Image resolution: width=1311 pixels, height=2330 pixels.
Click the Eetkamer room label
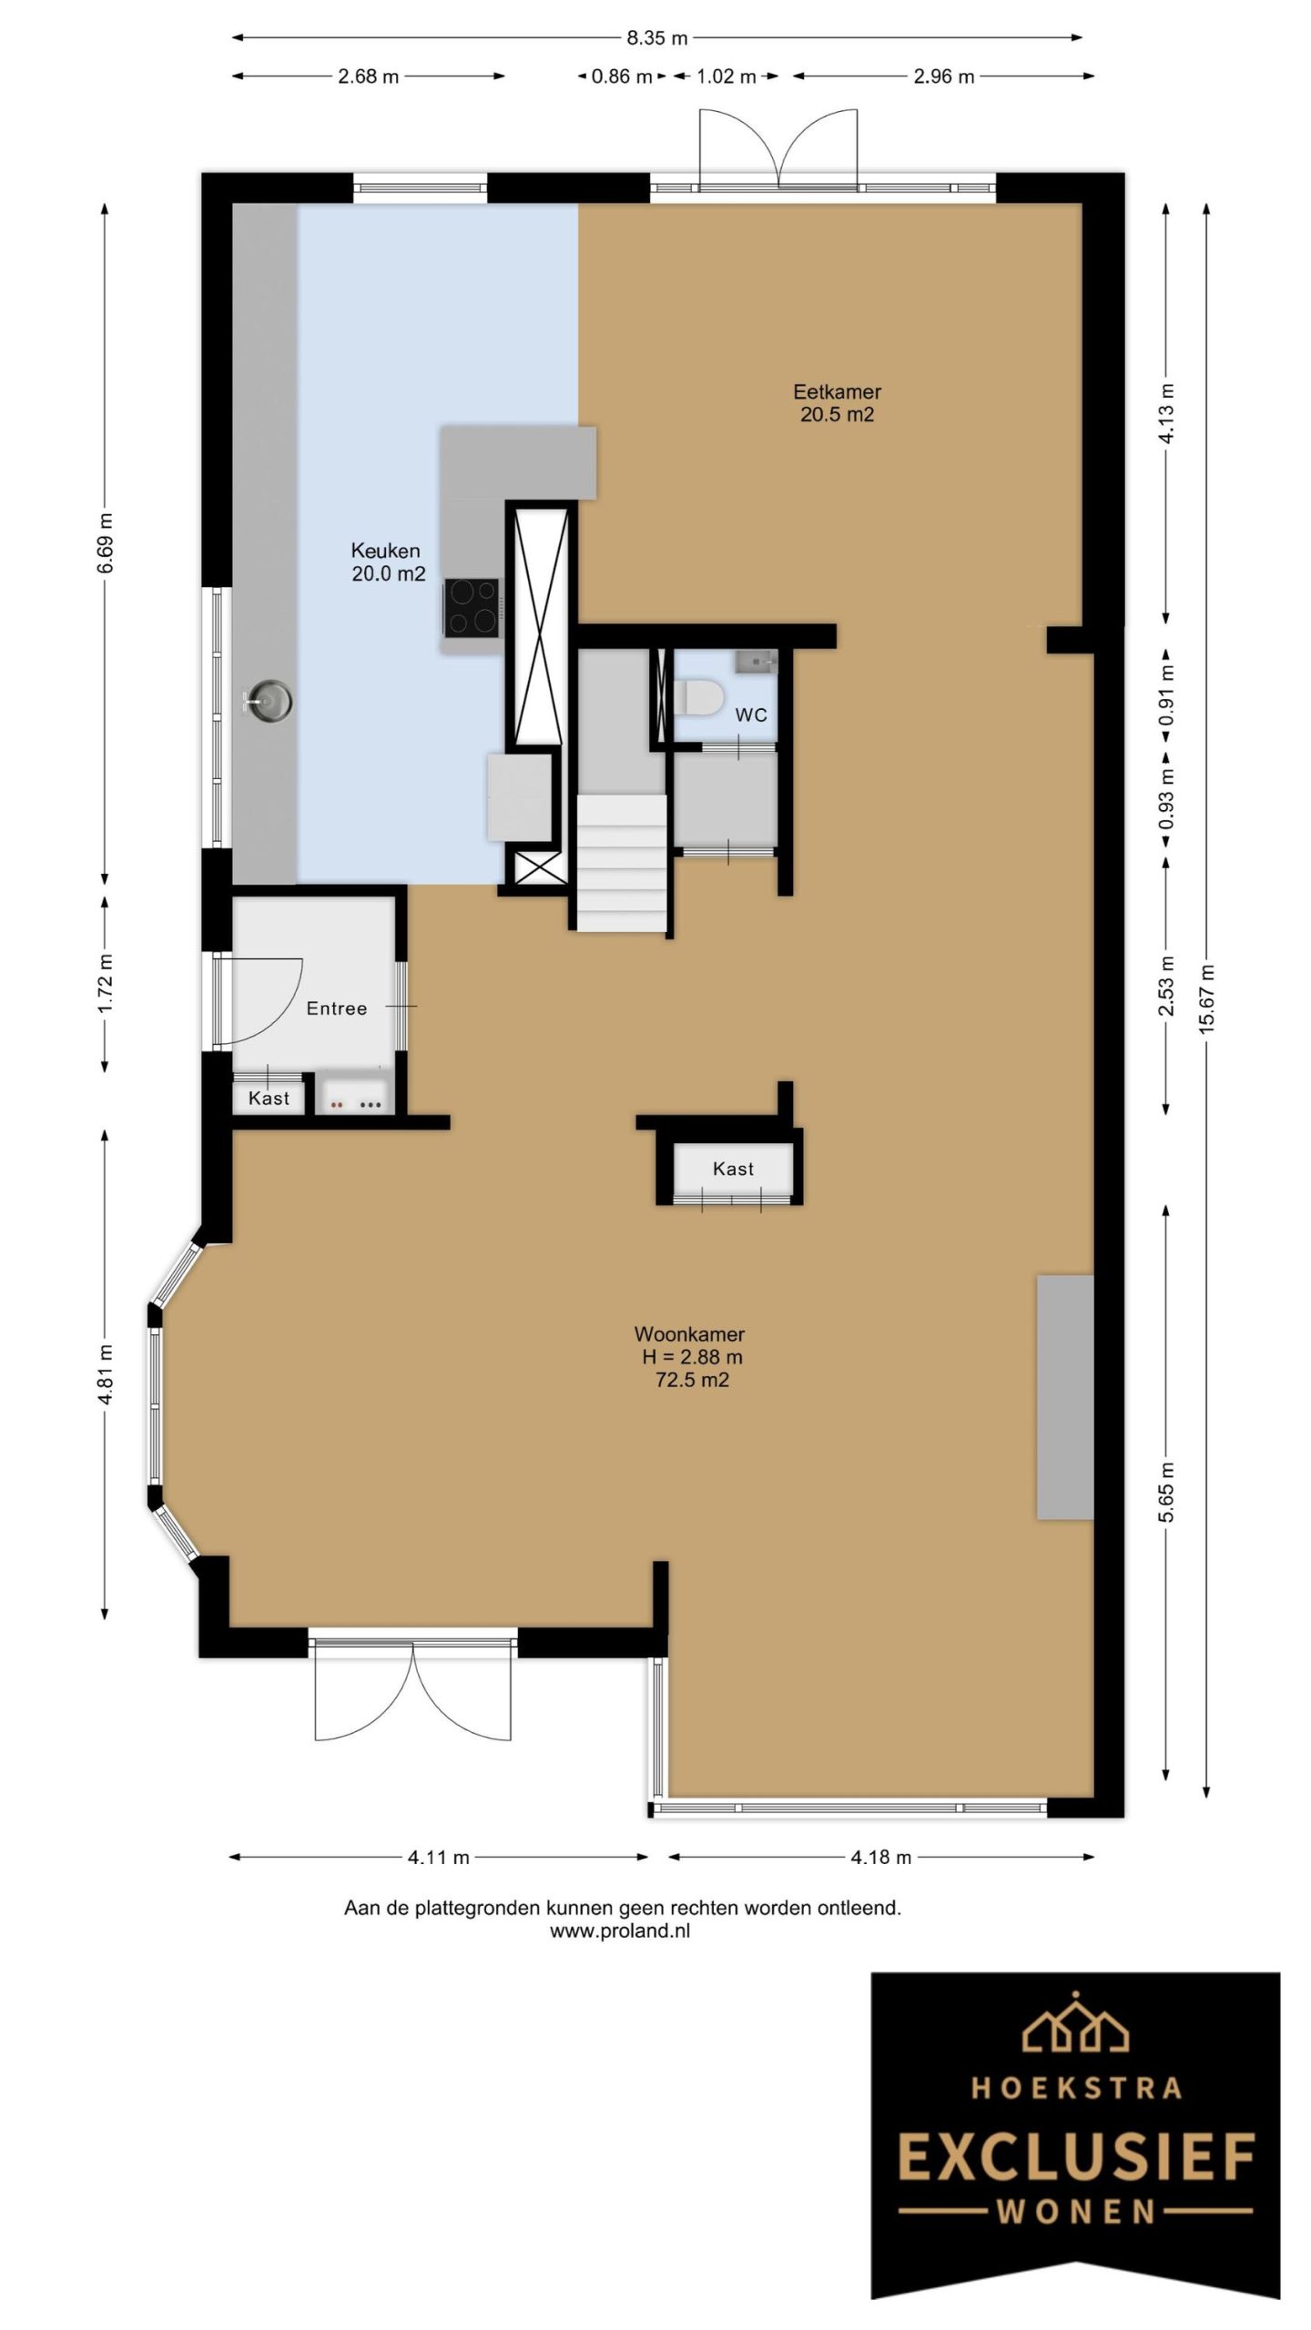(x=837, y=392)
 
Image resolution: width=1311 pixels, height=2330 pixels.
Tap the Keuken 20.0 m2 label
(x=388, y=562)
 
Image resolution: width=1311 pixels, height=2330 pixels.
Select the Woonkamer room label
(x=689, y=1334)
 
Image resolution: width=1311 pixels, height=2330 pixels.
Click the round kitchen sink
(x=269, y=701)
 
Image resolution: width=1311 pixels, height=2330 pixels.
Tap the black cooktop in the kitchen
(x=472, y=607)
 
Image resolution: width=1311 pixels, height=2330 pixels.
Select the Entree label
(x=337, y=1008)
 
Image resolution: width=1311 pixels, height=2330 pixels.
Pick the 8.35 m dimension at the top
(x=656, y=38)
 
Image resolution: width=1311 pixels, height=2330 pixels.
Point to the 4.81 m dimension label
(x=106, y=1374)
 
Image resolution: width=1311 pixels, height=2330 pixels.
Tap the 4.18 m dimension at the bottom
(x=881, y=1857)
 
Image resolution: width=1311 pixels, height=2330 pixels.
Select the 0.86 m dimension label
(x=622, y=76)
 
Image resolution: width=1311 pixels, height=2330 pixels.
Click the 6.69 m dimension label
(x=106, y=542)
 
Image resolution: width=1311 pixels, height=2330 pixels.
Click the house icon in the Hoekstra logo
(x=1075, y=2021)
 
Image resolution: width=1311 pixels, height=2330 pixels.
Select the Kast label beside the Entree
(x=269, y=1099)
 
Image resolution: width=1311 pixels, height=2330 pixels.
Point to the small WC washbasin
(x=755, y=660)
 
